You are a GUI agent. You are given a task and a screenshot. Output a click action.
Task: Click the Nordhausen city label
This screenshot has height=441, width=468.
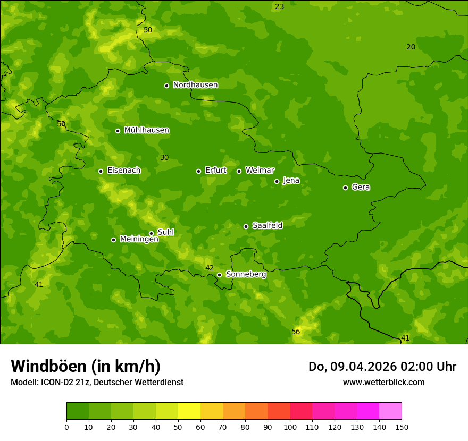click(x=195, y=85)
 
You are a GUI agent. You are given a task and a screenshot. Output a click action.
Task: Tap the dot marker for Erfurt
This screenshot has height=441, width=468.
click(x=198, y=171)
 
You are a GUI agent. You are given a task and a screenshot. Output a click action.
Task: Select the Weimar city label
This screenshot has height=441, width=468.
click(x=260, y=171)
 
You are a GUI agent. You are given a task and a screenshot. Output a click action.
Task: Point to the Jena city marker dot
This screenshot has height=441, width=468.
click(x=277, y=181)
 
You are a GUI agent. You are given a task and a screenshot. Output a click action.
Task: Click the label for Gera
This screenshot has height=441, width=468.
click(x=361, y=187)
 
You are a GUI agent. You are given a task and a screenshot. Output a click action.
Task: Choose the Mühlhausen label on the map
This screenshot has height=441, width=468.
click(x=146, y=130)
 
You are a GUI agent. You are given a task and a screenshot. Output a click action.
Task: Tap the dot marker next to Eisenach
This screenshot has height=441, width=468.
click(x=101, y=171)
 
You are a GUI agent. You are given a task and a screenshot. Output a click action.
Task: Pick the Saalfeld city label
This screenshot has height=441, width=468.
click(x=267, y=226)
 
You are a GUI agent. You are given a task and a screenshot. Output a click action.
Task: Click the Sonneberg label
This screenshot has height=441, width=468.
click(x=246, y=274)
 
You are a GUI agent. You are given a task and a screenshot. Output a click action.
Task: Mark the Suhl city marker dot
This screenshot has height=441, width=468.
click(x=151, y=233)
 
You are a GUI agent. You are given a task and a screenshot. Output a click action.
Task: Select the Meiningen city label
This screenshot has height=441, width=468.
click(x=139, y=239)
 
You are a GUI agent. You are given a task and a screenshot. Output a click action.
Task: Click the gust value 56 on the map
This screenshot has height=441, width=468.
click(x=296, y=332)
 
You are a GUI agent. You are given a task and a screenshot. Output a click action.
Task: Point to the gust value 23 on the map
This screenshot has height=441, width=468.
click(x=279, y=7)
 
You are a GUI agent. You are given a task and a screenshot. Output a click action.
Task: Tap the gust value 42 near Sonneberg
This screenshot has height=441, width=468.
click(x=210, y=268)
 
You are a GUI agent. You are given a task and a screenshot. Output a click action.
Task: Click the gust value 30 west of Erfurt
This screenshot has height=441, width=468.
click(x=164, y=158)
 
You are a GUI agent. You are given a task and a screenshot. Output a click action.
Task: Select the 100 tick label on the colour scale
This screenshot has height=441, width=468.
click(x=290, y=427)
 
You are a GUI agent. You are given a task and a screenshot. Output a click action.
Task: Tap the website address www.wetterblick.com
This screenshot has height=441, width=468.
click(x=383, y=383)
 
